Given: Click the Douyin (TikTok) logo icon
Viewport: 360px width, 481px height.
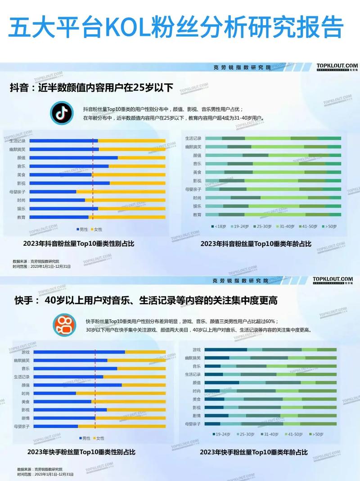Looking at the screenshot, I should (61, 113).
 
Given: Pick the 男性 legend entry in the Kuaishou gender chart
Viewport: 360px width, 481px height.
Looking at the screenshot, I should (85, 438).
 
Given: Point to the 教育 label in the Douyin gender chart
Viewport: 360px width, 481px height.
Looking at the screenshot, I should (21, 217).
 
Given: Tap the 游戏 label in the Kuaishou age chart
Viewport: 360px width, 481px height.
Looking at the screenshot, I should (197, 350).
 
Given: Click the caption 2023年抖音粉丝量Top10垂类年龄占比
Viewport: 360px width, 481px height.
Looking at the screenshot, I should (256, 243).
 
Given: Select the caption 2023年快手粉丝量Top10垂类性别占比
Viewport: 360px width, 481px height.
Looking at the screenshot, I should (81, 452).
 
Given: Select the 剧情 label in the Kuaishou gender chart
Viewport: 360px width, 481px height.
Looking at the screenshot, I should (25, 418).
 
